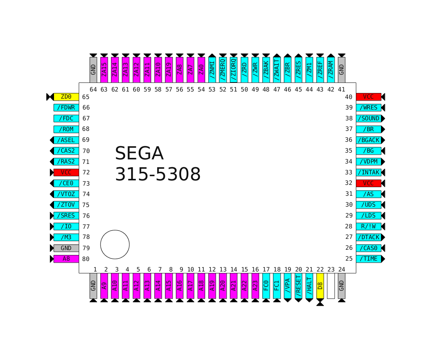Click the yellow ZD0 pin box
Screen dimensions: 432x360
(66, 97)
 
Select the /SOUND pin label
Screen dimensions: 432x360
(368, 118)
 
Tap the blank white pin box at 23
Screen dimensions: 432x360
(330, 286)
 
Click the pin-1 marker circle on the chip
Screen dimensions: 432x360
(115, 244)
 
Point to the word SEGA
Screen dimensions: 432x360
(139, 153)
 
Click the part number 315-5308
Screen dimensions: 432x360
(157, 174)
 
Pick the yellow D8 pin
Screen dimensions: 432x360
(320, 286)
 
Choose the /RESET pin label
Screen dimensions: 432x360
(298, 286)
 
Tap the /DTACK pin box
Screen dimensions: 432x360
(368, 237)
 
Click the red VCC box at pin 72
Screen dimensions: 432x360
(66, 172)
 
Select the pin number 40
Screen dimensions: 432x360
(349, 97)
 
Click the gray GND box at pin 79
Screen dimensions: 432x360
(66, 248)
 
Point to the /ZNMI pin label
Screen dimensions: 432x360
(212, 70)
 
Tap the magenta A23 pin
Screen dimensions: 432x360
(255, 286)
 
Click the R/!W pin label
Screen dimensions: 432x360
(368, 226)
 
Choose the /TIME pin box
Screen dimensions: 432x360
(368, 259)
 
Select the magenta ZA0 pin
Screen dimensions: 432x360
(201, 70)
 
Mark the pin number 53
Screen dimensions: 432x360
(212, 89)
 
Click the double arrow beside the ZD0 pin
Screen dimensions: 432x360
(50, 97)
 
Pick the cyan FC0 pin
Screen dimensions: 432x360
(266, 286)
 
